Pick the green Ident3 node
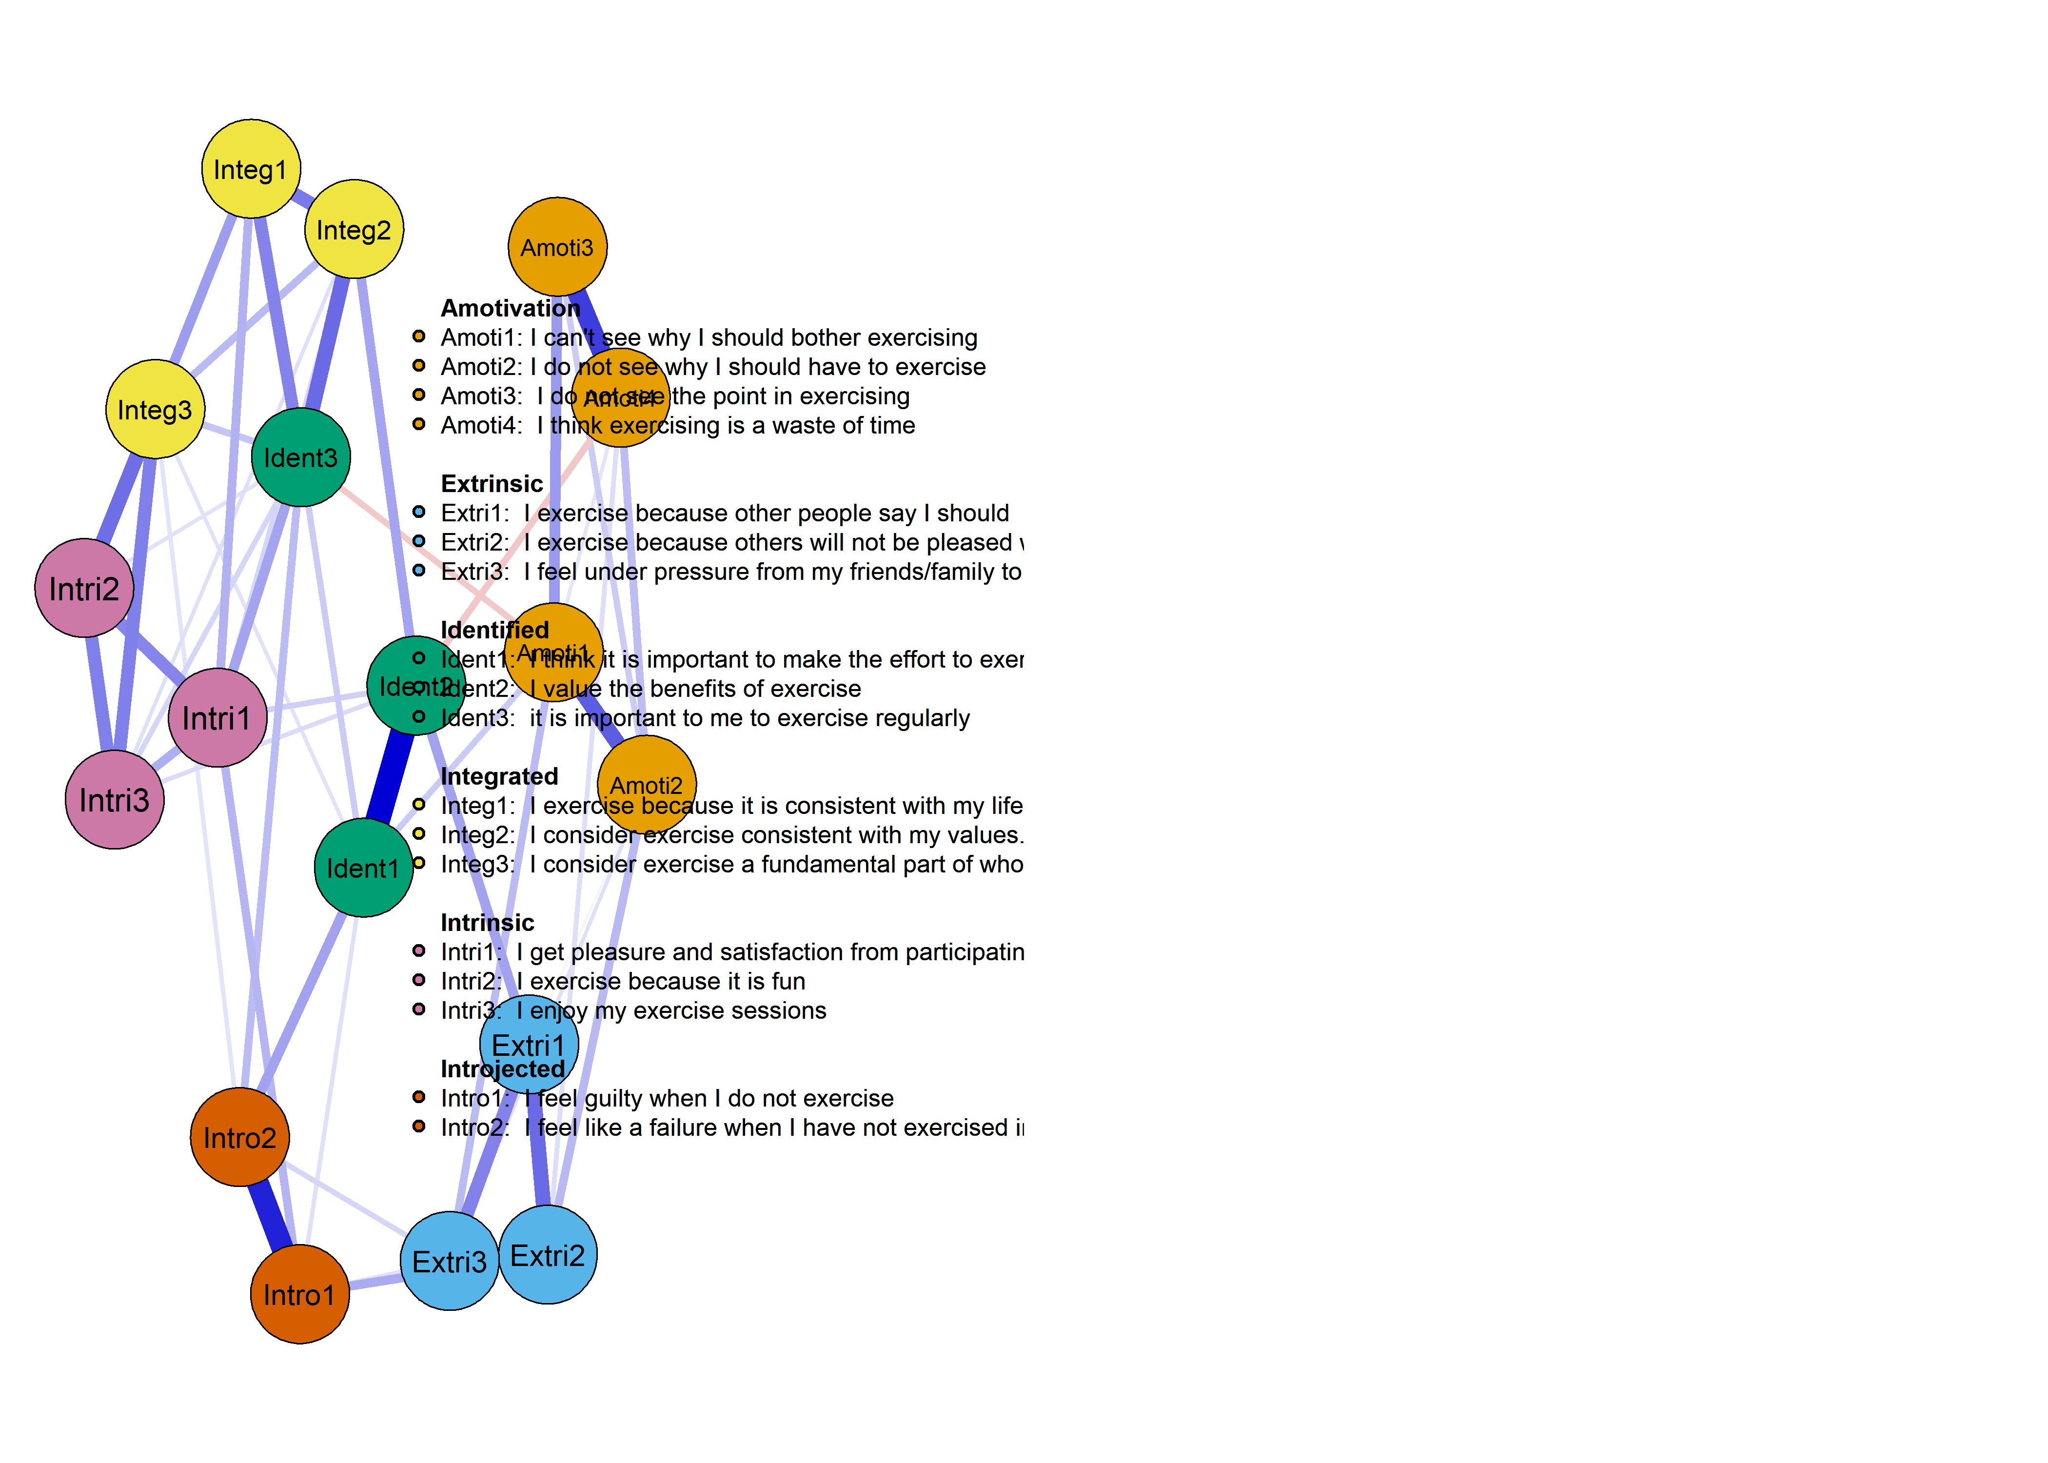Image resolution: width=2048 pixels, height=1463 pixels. (x=301, y=457)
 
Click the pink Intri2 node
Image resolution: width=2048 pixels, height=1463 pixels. (x=84, y=588)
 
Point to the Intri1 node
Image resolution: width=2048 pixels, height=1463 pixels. (x=217, y=718)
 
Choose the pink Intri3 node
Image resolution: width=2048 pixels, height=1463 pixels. (x=115, y=800)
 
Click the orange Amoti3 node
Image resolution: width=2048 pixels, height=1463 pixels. (x=557, y=247)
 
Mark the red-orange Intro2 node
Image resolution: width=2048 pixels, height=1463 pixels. (x=239, y=1137)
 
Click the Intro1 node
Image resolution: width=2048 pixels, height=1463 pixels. (x=299, y=1295)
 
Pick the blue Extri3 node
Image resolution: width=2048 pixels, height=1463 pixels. (x=450, y=1261)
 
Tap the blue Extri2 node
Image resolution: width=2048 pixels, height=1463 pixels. (x=548, y=1255)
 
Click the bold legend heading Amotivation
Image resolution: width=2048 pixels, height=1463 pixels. (x=510, y=308)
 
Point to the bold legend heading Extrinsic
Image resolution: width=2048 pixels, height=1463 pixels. (x=492, y=484)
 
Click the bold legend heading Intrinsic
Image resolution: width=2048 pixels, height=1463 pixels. (x=487, y=923)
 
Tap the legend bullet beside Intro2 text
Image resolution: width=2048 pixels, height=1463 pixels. (x=419, y=1126)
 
